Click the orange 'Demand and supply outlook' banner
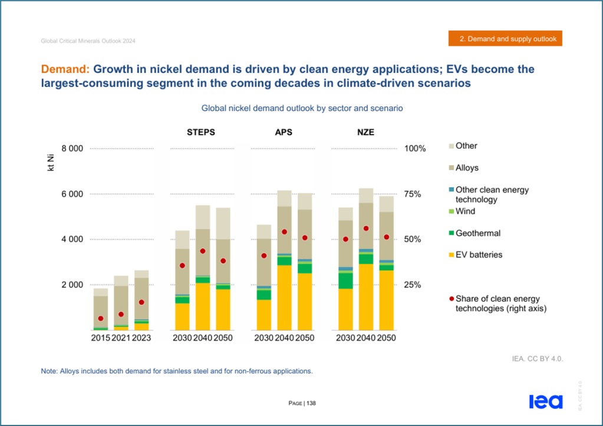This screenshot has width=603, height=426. [x=505, y=38]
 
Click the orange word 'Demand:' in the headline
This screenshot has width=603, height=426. [x=65, y=69]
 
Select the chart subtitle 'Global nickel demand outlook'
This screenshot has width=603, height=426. [x=302, y=108]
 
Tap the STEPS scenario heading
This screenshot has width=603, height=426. [x=201, y=132]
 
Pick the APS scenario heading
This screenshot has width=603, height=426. [x=284, y=132]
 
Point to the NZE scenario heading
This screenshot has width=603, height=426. [x=365, y=132]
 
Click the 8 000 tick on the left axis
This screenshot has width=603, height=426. [x=73, y=149]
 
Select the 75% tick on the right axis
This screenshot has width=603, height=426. [x=413, y=194]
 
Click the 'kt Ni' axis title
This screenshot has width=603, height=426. [x=51, y=163]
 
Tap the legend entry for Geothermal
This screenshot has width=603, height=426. [x=475, y=233]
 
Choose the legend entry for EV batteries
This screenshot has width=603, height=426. [x=475, y=255]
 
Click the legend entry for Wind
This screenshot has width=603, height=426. [x=462, y=212]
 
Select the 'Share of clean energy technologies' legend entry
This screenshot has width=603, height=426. [x=497, y=303]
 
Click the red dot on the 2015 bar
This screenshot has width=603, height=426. [x=101, y=318]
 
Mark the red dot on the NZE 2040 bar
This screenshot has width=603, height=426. [x=366, y=229]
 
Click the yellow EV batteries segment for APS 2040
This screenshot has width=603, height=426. [x=285, y=298]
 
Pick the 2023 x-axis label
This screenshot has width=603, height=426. [x=141, y=338]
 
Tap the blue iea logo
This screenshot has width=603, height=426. [x=546, y=401]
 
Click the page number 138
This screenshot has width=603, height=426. [x=311, y=404]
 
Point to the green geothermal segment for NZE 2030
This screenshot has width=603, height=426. [x=346, y=280]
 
